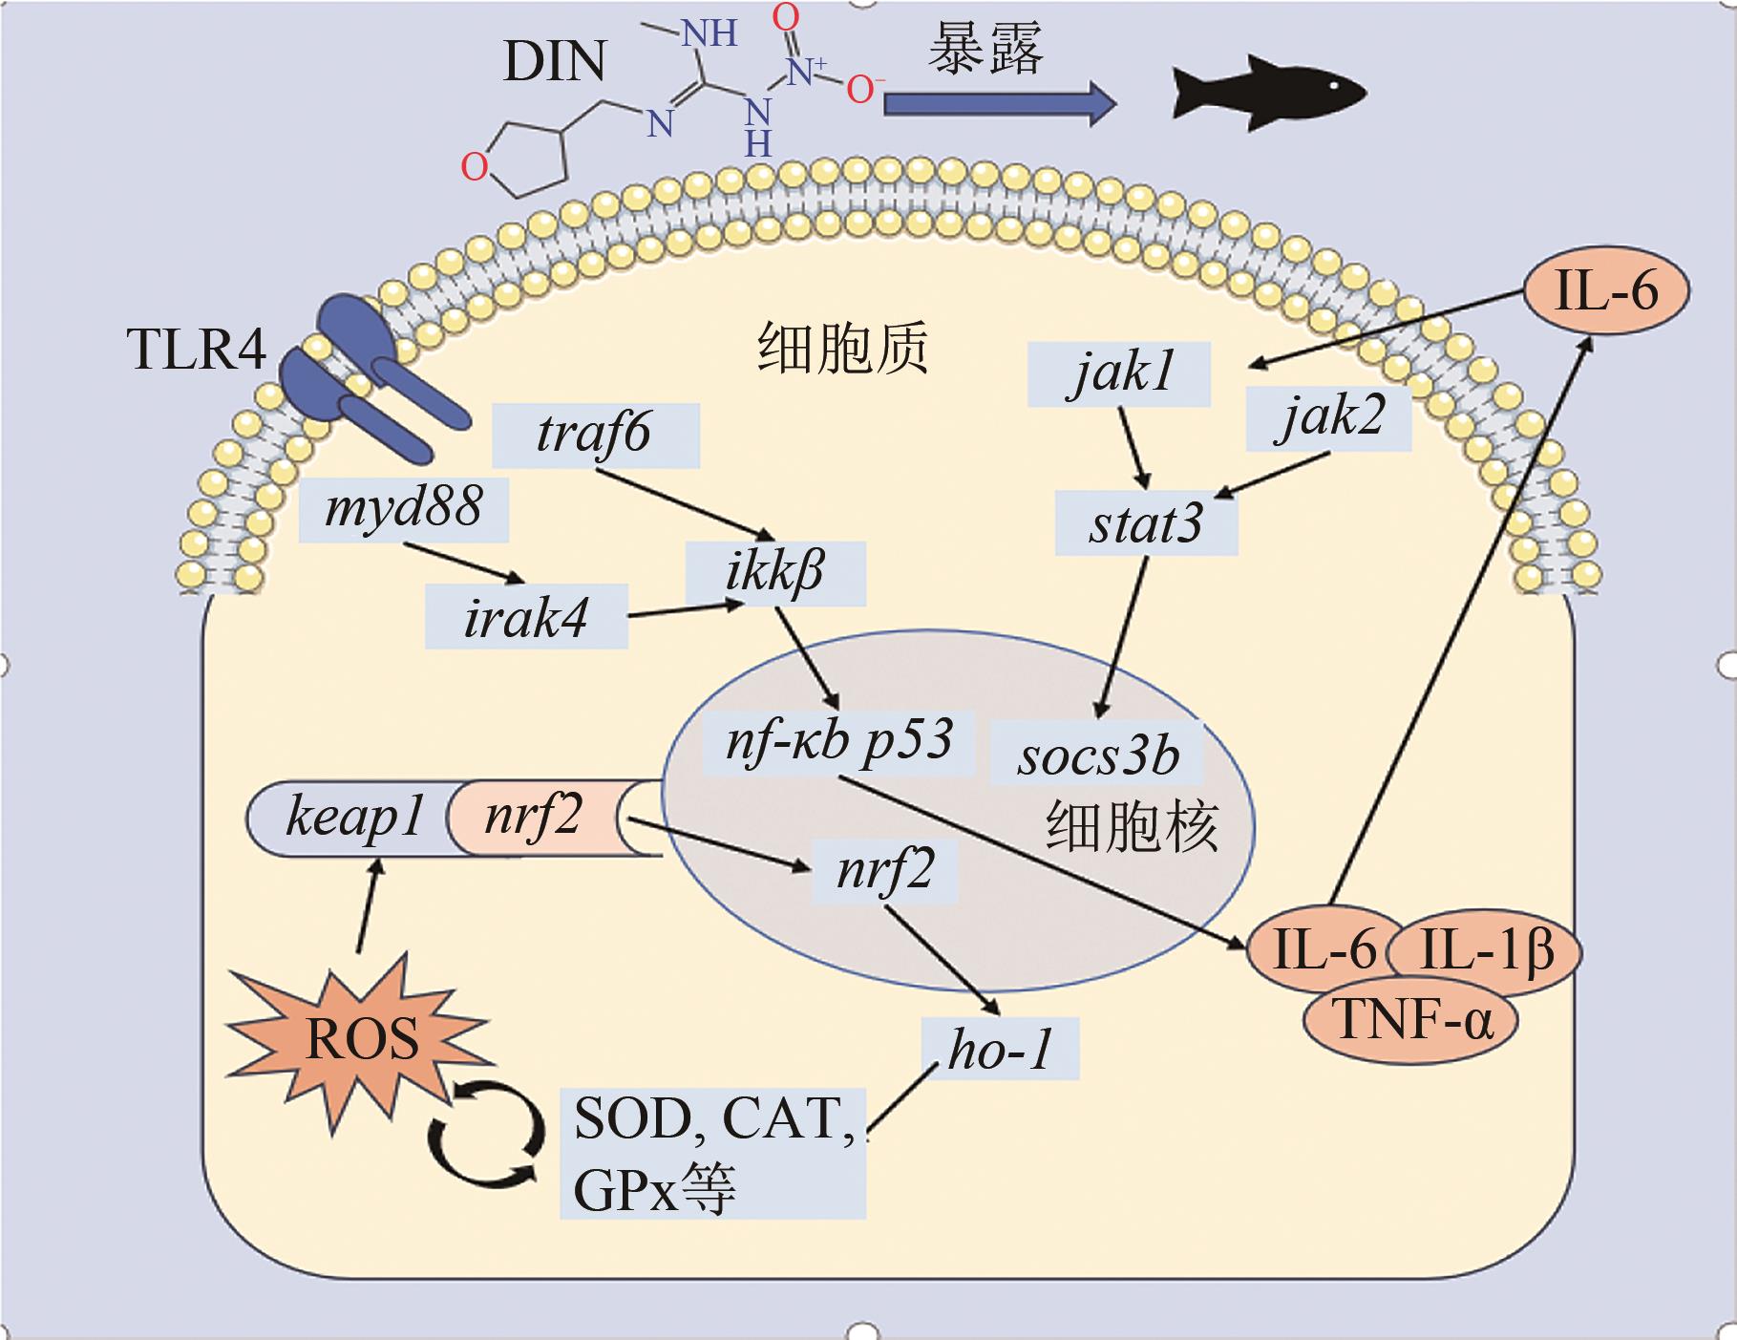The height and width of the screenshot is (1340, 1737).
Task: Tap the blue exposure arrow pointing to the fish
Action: pyautogui.click(x=998, y=103)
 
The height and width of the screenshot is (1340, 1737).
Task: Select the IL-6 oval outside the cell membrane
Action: pyautogui.click(x=1606, y=290)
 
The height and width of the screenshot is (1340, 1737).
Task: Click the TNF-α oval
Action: pyautogui.click(x=1410, y=1020)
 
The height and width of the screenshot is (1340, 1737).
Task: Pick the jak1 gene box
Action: pyautogui.click(x=1119, y=373)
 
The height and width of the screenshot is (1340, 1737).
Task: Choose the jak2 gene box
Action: pyautogui.click(x=1328, y=417)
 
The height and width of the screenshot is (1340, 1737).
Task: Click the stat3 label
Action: pyautogui.click(x=1146, y=523)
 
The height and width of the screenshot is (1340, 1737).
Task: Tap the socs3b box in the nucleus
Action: pyautogui.click(x=1096, y=755)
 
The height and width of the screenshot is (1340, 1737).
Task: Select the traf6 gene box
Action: pyautogui.click(x=595, y=435)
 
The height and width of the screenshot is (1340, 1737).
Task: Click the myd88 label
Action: pyautogui.click(x=403, y=509)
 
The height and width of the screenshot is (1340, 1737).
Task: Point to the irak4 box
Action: pyautogui.click(x=526, y=617)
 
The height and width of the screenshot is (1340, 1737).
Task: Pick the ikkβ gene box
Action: pyautogui.click(x=775, y=573)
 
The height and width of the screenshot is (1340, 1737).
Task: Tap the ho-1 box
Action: pyautogui.click(x=1000, y=1049)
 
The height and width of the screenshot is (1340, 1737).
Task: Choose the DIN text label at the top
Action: pyautogui.click(x=554, y=62)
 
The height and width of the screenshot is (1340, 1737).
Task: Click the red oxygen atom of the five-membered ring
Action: pyautogui.click(x=475, y=167)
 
